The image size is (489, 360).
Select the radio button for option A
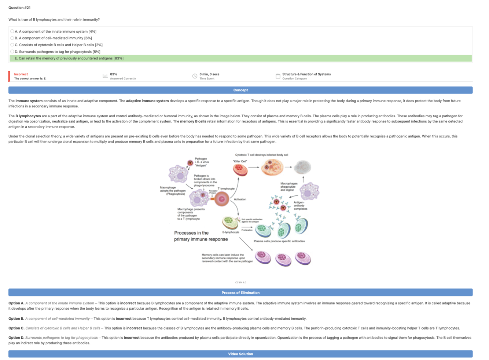tap(12, 32)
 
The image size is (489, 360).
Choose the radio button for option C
tap(12, 45)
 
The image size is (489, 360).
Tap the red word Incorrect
tap(21, 74)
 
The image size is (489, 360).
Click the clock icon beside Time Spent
tap(195, 76)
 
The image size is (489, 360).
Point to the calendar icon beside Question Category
tap(278, 76)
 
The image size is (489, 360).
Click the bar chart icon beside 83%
tap(105, 76)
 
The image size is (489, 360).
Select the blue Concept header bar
tap(240, 90)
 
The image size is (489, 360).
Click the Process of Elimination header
tap(240, 293)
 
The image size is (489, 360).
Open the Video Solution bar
tap(240, 354)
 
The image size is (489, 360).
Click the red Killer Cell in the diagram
tap(240, 169)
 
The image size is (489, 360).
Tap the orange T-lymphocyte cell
tap(221, 199)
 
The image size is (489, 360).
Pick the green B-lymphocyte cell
tap(230, 222)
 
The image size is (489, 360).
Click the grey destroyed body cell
tap(302, 167)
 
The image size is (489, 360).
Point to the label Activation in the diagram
tap(240, 199)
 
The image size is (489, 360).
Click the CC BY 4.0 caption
tap(240, 282)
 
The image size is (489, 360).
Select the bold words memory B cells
tap(193, 121)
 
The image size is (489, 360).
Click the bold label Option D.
tap(16, 338)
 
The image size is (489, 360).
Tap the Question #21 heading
tap(19, 8)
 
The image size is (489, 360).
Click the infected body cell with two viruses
tap(272, 168)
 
